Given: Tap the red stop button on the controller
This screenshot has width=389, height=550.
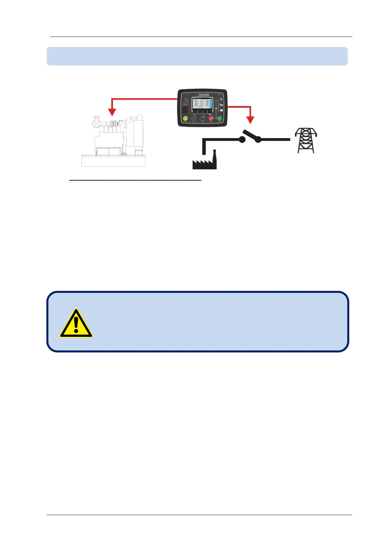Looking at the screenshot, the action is point(211,119).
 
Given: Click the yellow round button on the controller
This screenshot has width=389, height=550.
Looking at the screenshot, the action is point(185,118).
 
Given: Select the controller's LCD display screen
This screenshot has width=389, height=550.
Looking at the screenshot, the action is point(202,103).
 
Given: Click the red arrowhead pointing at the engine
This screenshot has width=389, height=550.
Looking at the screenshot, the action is point(112,112).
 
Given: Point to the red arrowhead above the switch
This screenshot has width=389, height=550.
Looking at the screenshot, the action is point(250,120).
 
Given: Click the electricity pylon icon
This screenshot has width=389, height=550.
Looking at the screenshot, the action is point(306,140).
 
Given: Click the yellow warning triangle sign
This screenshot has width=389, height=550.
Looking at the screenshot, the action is point(76,324).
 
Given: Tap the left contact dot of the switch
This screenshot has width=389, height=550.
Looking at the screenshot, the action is point(242,140).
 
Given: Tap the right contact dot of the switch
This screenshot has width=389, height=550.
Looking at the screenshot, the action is point(258,140).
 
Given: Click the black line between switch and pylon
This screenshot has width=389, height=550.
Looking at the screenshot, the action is point(275,140).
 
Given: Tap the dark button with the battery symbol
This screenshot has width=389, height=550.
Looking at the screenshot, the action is point(194,118).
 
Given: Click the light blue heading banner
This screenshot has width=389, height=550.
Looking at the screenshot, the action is point(197,56).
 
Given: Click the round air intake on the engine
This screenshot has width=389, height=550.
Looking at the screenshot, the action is point(96,123).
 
